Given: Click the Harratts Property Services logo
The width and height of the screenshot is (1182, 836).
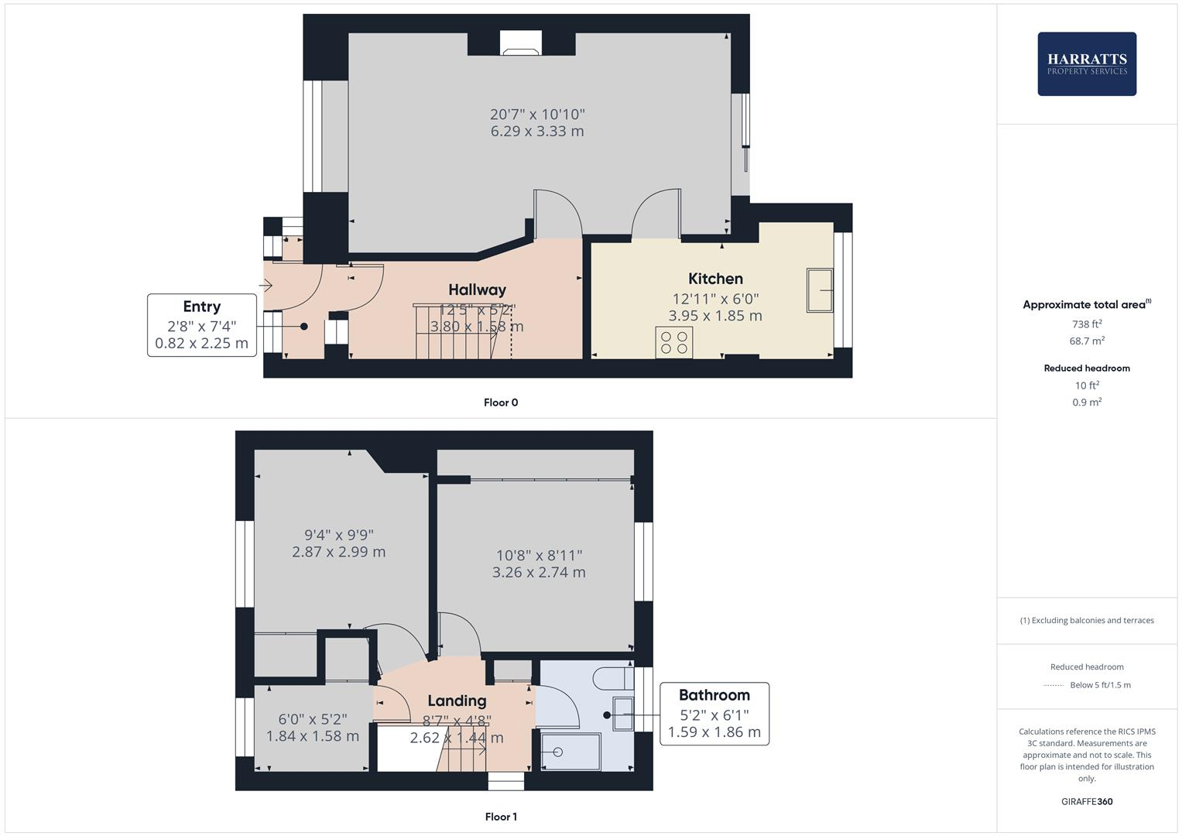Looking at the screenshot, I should coord(1086,63).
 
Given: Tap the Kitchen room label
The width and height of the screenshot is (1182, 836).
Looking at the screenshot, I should coord(715,279).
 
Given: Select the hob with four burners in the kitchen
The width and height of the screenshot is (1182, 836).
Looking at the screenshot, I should coord(674,342).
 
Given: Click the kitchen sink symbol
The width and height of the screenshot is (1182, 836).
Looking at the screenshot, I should coord(819,290).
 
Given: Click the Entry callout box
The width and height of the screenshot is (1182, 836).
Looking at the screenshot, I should coord(201,325).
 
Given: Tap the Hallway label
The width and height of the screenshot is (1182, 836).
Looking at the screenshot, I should coord(477,290).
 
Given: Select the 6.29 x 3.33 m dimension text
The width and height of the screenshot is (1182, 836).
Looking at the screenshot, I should coord(537,132).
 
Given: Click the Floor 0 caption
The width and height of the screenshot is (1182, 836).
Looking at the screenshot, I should coord(501,403).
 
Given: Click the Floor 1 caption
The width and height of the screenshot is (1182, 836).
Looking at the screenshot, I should coord(501,817).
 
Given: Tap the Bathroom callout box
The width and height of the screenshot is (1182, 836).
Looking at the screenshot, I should coord(714,714).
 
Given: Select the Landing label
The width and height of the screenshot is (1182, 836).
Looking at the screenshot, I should coord(457,701).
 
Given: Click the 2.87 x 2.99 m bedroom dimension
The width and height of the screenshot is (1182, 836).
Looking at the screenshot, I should coord(338,552).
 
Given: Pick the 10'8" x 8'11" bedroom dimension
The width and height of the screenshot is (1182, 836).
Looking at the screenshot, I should coord(539,555).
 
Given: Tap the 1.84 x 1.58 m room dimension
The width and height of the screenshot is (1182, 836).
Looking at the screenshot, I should coord(312,736).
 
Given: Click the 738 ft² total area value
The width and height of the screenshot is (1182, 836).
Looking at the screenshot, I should coord(1087,324).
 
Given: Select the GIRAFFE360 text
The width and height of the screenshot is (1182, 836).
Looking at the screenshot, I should coord(1087,801).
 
